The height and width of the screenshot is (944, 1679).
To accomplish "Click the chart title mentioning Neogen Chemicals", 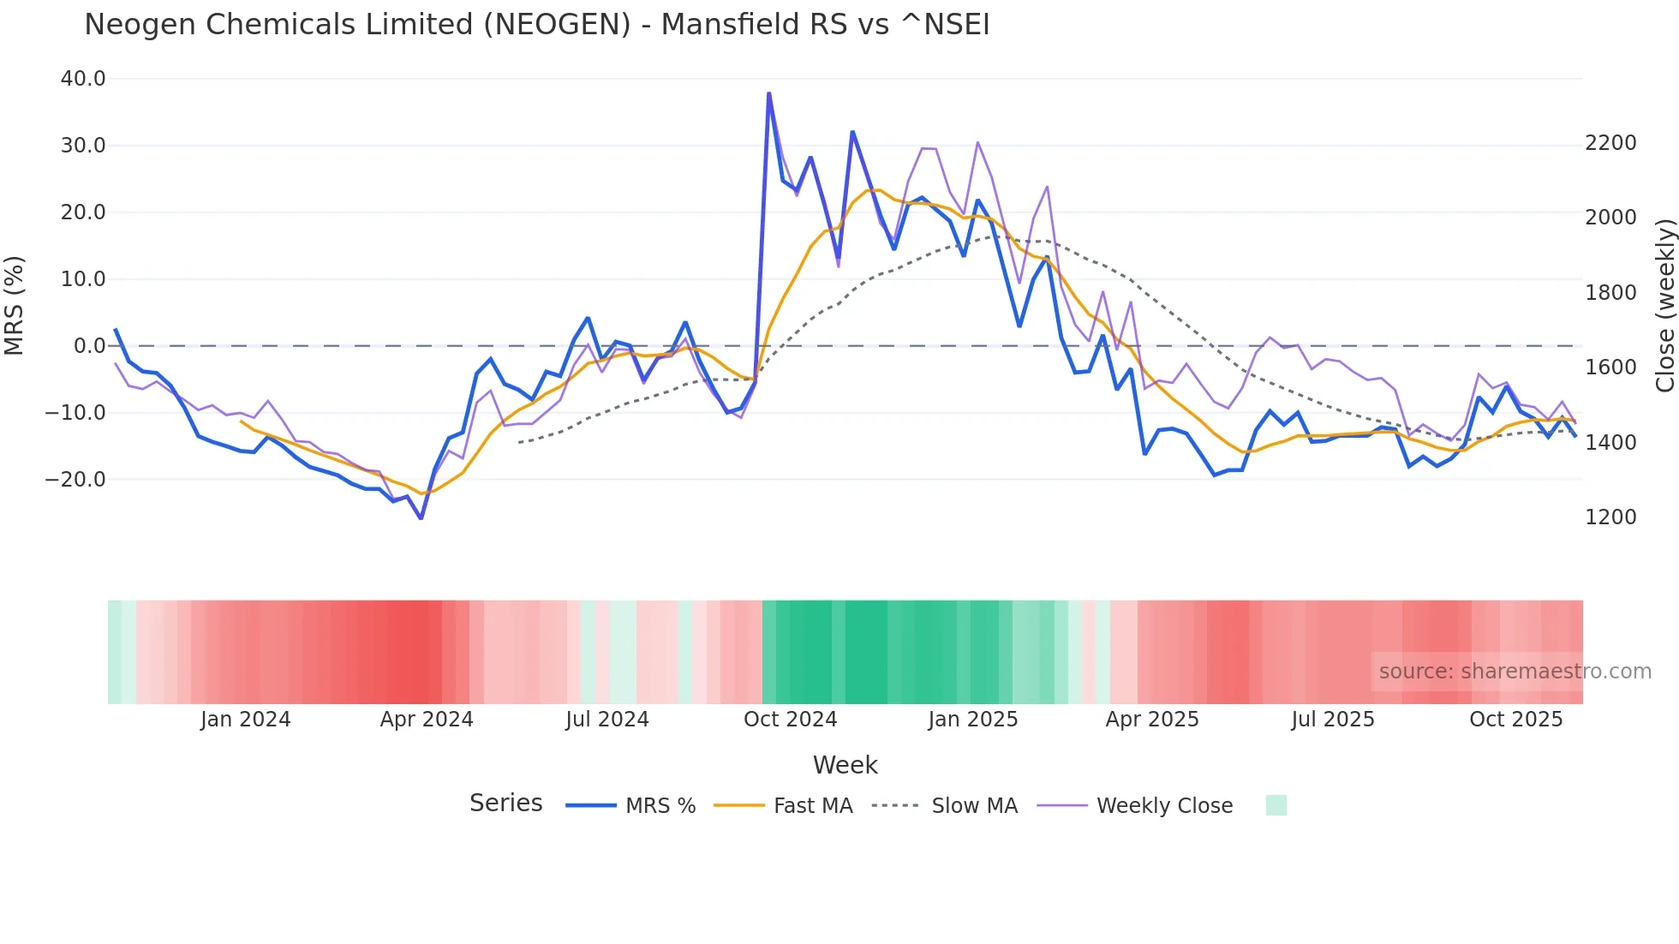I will [x=536, y=25].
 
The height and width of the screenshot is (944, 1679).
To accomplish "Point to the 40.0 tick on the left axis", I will [x=83, y=79].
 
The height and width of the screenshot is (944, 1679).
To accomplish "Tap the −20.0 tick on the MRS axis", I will [x=75, y=480].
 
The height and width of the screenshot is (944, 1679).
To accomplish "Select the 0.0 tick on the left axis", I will [x=89, y=346].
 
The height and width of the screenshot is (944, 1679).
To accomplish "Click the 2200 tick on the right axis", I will [x=1610, y=143].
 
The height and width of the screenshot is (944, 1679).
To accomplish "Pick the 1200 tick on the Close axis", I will [x=1610, y=517].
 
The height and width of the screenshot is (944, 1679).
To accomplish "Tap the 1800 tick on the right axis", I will [x=1610, y=293].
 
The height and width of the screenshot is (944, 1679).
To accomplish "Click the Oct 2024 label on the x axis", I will [x=790, y=720].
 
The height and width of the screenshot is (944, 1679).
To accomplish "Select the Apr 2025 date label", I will [x=1152, y=720].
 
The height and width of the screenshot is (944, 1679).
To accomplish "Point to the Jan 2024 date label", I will [x=246, y=720].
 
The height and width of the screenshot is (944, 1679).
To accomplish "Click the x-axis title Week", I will [x=845, y=765].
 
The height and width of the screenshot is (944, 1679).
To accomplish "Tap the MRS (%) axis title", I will [x=15, y=305].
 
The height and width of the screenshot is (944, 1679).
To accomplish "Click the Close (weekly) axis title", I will [x=1664, y=306].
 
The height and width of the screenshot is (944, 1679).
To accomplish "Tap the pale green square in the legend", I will [x=1276, y=805].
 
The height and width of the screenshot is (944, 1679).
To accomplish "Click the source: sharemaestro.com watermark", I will [x=1515, y=672].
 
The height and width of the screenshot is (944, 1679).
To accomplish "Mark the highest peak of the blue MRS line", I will [x=768, y=93].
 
